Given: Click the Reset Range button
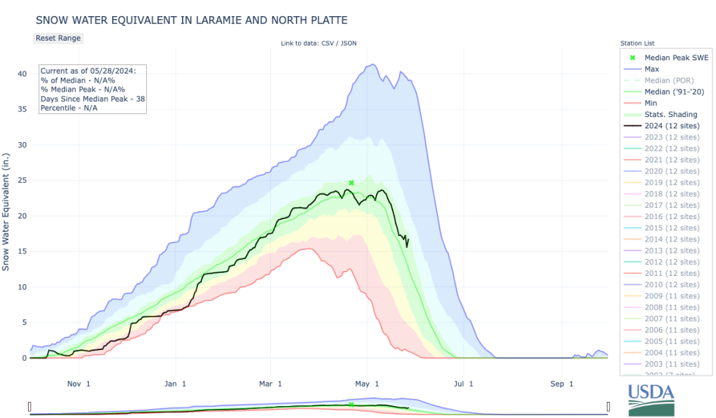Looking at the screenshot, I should [x=58, y=38].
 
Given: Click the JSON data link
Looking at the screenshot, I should [x=348, y=44].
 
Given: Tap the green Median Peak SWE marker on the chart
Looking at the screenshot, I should [x=351, y=183].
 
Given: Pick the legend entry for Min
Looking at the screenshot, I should [x=650, y=103].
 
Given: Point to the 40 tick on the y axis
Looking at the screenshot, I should [x=23, y=74].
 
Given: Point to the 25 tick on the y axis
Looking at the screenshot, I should [x=23, y=181].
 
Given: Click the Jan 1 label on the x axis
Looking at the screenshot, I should [x=175, y=384].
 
